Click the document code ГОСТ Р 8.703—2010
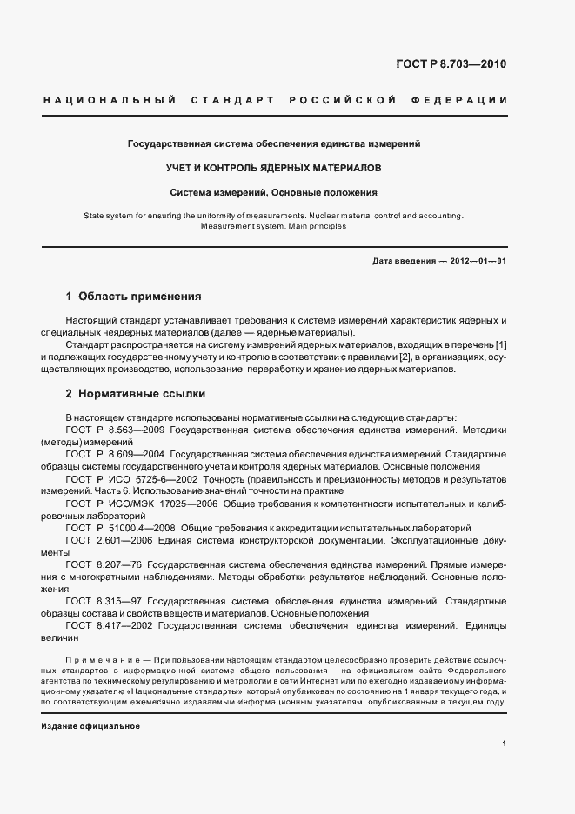(451, 64)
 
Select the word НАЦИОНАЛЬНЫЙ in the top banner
(110, 101)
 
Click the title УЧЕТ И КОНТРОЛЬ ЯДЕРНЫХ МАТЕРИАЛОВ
(273, 166)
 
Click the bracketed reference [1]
(501, 344)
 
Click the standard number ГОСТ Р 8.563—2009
(114, 430)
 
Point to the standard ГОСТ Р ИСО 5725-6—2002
(127, 479)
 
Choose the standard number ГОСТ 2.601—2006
(106, 540)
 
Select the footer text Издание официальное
(90, 725)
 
